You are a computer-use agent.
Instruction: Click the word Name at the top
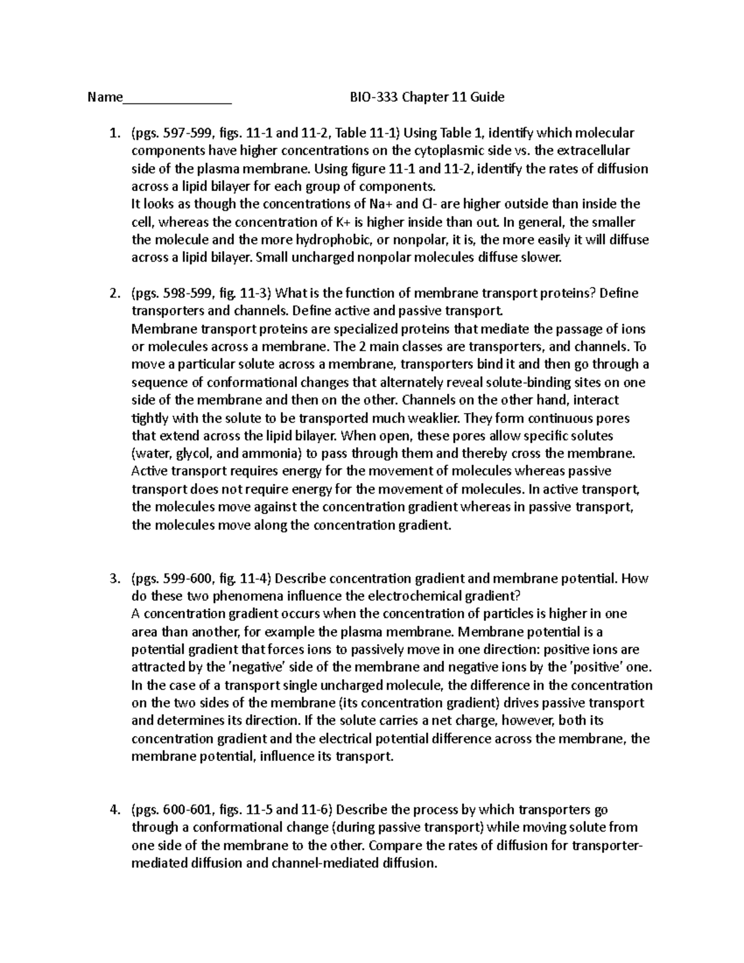pyautogui.click(x=105, y=97)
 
